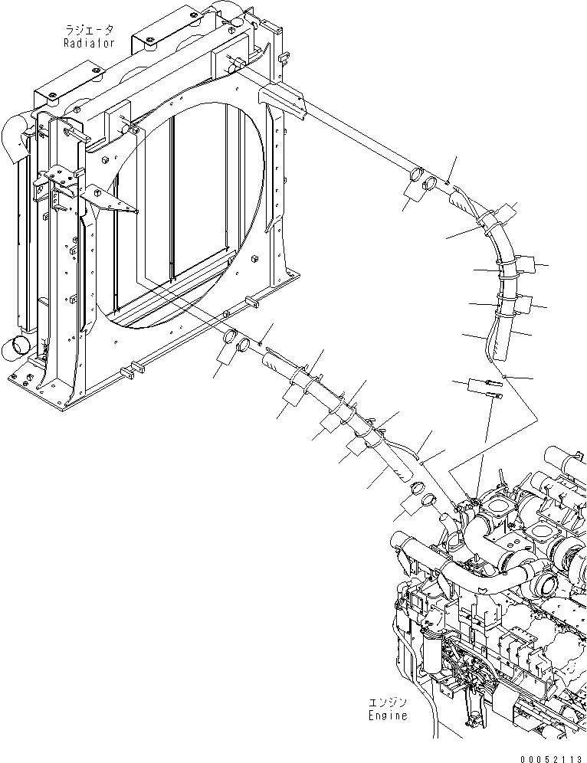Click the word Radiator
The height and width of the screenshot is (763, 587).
pyautogui.click(x=90, y=44)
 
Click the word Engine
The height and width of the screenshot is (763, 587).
pyautogui.click(x=386, y=716)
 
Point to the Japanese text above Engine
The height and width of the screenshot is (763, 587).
pyautogui.click(x=386, y=702)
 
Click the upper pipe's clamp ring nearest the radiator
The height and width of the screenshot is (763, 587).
pyautogui.click(x=418, y=177)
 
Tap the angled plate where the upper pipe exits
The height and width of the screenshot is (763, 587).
pyautogui.click(x=285, y=102)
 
